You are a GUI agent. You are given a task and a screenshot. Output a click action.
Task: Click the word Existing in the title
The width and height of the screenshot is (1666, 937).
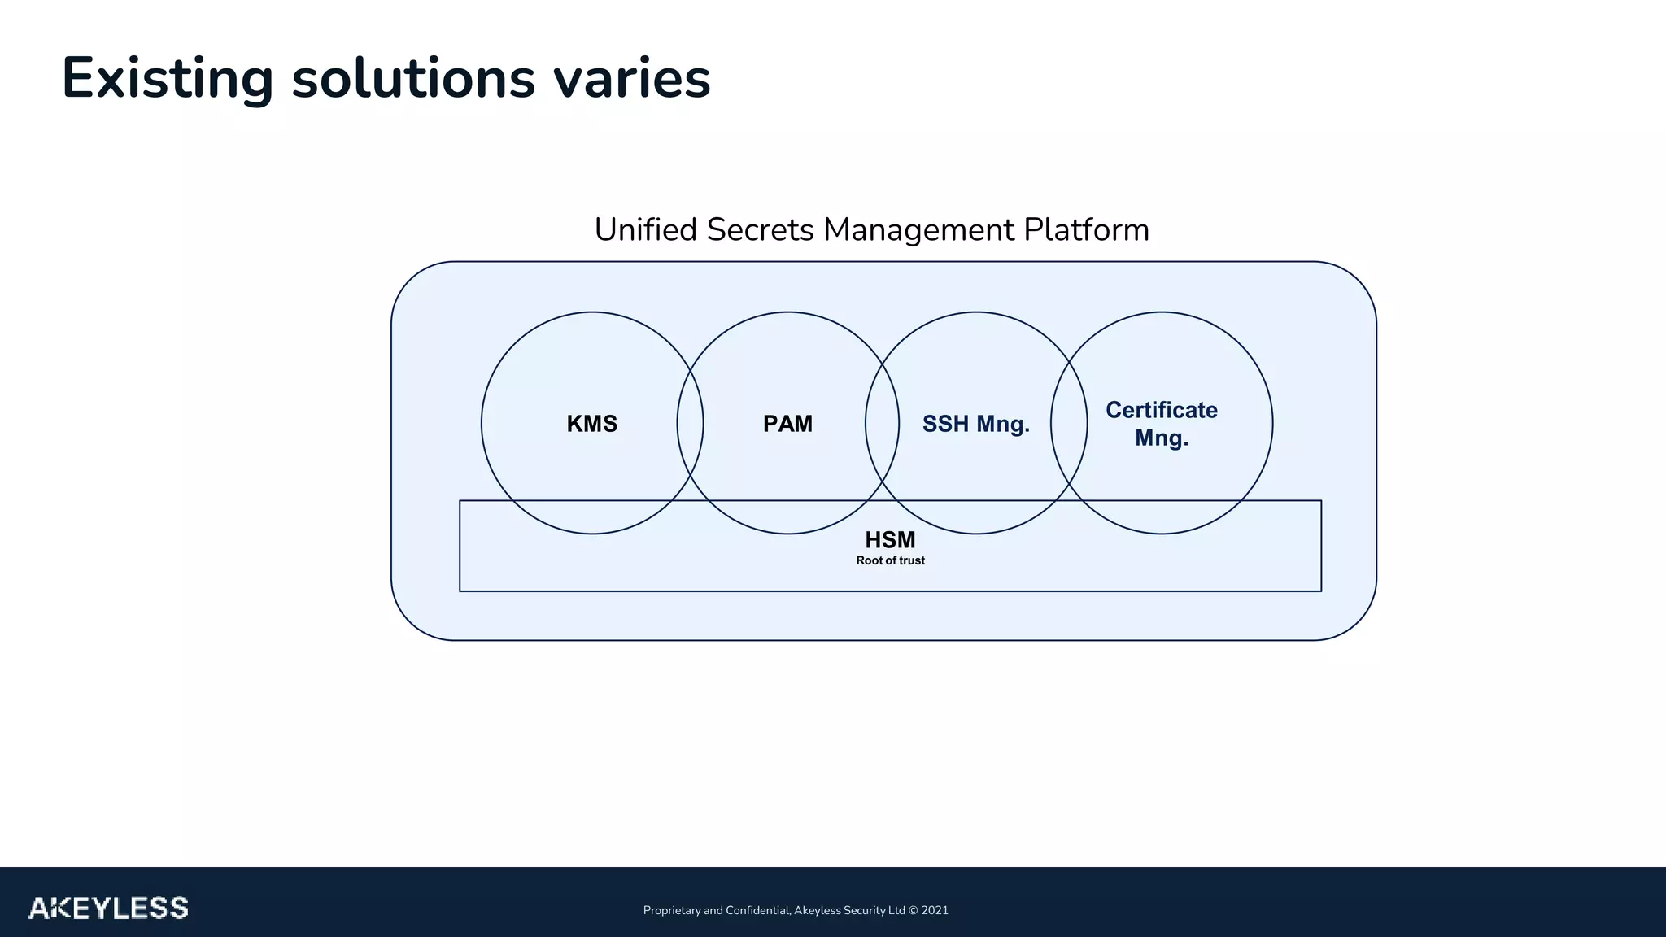tap(168, 79)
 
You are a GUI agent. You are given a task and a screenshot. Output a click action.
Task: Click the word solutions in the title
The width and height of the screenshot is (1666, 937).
tap(413, 79)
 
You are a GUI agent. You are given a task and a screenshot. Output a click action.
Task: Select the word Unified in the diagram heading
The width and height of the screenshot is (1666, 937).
tap(646, 229)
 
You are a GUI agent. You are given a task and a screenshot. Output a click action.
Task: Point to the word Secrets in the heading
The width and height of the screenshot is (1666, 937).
tap(760, 229)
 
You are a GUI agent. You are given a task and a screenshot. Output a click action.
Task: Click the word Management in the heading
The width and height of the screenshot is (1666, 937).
tap(918, 229)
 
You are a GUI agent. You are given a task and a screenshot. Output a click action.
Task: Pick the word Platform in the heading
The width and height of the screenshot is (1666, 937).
tap(1086, 229)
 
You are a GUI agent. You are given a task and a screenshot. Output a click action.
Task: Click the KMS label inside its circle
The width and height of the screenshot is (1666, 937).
tap(592, 424)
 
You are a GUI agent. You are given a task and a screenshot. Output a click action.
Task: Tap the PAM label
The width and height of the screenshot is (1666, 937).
tap(787, 424)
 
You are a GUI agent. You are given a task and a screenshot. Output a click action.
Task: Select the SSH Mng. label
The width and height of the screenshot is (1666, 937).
tap(975, 424)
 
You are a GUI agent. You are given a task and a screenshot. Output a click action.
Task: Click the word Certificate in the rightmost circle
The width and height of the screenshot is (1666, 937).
tap(1161, 410)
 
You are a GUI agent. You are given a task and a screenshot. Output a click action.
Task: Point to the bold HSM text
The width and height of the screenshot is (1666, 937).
tap(890, 540)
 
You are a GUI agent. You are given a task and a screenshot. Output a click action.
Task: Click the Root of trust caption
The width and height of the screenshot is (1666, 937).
tap(890, 560)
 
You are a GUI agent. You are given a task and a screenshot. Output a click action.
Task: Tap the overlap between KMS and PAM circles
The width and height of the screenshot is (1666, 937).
tap(690, 423)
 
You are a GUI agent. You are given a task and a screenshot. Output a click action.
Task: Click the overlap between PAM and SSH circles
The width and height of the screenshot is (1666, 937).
tap(882, 423)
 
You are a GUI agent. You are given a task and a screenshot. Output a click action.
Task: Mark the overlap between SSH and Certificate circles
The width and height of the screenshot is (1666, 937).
tap(1069, 423)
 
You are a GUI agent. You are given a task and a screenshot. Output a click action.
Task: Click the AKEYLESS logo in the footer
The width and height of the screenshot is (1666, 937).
tap(108, 908)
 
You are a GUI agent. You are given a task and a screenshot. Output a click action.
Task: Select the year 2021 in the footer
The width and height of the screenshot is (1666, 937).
tap(935, 910)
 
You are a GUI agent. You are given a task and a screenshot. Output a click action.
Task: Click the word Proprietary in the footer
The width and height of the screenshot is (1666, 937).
tap(672, 910)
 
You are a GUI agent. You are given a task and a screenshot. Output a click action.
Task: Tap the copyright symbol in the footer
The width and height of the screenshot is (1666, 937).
tap(914, 910)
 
